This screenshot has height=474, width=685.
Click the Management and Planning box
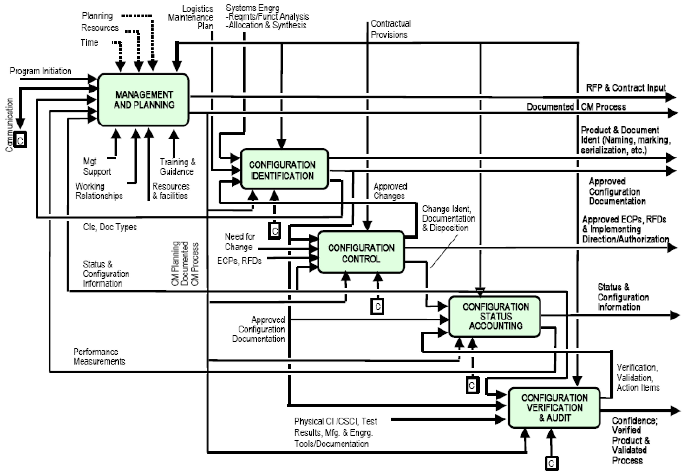144,100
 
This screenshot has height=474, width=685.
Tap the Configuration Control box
361,252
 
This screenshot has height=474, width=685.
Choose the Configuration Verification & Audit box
554,407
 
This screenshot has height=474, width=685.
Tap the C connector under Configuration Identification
275,231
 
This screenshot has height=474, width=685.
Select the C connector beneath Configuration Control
377,306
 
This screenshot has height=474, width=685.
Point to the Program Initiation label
41,71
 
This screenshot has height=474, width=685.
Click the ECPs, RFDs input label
239,261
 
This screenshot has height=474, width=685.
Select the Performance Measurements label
99,356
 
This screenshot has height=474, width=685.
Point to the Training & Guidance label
177,167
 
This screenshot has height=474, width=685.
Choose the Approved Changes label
390,191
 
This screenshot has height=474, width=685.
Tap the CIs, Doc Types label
110,227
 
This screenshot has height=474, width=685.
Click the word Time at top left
89,42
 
